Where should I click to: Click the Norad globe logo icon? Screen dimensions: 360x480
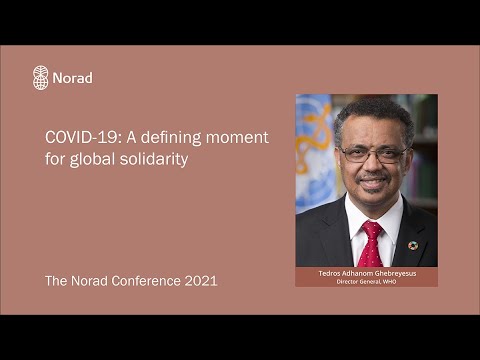[41, 77]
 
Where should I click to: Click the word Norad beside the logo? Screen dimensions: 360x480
[72, 78]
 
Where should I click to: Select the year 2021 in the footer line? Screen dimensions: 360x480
[201, 281]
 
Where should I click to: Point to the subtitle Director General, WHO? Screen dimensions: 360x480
[366, 281]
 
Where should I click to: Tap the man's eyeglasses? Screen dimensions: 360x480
[373, 155]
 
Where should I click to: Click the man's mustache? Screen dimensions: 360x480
[374, 177]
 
